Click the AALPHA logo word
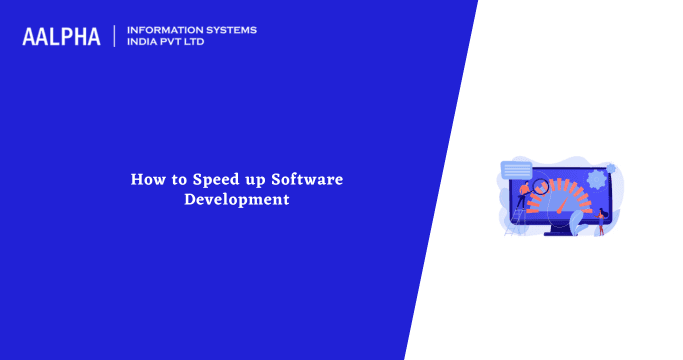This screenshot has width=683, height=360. (x=61, y=37)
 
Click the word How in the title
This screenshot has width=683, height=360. (x=146, y=180)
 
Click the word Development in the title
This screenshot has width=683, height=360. (x=237, y=199)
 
